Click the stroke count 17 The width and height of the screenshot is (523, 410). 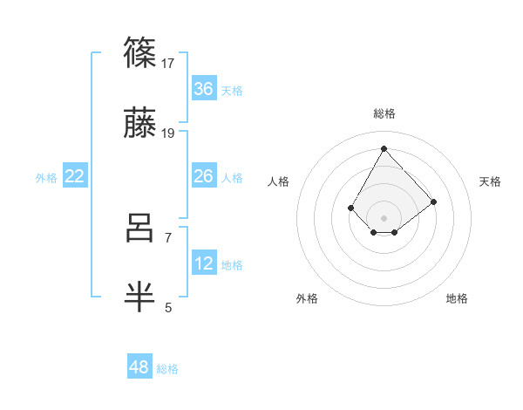tap(168, 63)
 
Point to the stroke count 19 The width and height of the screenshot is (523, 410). tap(168, 133)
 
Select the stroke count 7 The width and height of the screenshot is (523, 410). tap(168, 236)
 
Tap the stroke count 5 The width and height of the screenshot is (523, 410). tap(168, 307)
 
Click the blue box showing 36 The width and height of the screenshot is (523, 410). tap(204, 89)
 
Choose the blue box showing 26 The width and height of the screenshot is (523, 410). tap(204, 177)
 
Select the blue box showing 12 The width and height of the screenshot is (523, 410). tap(204, 263)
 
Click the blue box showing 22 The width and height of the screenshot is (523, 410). tap(75, 177)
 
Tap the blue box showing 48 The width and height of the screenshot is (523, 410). tap(139, 367)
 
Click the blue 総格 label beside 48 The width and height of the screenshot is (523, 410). tap(167, 369)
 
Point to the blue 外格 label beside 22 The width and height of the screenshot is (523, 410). tap(46, 178)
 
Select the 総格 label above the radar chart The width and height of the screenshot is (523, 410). tap(384, 113)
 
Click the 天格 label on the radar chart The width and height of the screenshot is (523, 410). tap(491, 181)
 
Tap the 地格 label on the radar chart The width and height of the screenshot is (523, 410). tap(457, 298)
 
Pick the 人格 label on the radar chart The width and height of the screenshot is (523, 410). tap(279, 181)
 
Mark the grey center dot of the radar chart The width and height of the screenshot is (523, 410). tap(384, 217)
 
